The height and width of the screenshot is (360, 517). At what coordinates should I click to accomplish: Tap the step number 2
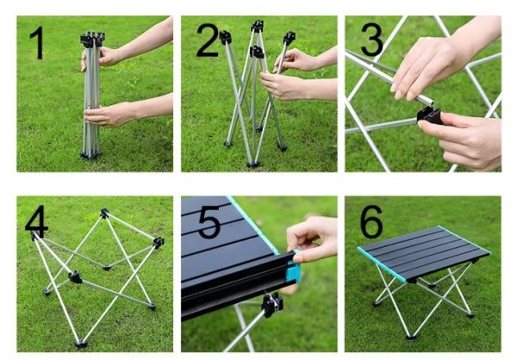pyautogui.click(x=208, y=40)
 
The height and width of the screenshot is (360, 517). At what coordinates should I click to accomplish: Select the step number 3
pyautogui.click(x=371, y=40)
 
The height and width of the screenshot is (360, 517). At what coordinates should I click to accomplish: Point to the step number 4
pyautogui.click(x=36, y=219)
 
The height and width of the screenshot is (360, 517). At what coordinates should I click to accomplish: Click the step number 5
pyautogui.click(x=209, y=222)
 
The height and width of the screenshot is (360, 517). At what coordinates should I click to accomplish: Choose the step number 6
pyautogui.click(x=371, y=221)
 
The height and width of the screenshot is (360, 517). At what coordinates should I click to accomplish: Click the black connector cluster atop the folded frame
pyautogui.click(x=93, y=39)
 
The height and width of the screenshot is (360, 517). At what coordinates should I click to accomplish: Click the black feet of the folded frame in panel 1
pyautogui.click(x=90, y=155)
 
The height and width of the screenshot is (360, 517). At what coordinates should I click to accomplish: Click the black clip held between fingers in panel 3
pyautogui.click(x=429, y=115)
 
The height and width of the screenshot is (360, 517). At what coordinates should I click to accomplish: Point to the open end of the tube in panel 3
pyautogui.click(x=428, y=101)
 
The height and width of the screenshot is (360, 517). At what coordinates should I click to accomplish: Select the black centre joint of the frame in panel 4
pyautogui.click(x=76, y=277)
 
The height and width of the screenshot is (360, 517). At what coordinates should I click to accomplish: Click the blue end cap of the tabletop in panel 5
pyautogui.click(x=294, y=270)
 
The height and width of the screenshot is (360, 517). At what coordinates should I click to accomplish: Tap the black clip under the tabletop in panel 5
pyautogui.click(x=272, y=304)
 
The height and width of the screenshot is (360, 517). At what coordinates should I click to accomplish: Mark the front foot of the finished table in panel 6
pyautogui.click(x=411, y=337)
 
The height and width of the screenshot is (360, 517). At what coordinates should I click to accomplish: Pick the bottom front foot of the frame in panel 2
pyautogui.click(x=253, y=164)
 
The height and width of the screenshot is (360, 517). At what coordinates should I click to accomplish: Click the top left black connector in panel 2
pyautogui.click(x=225, y=37)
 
